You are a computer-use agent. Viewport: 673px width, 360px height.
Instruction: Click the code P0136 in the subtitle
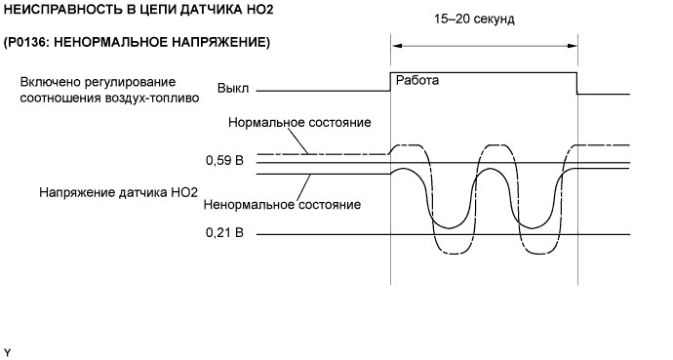click(27, 43)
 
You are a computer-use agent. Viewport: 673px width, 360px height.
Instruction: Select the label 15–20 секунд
click(474, 20)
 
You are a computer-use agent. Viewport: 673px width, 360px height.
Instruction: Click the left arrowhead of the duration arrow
click(396, 46)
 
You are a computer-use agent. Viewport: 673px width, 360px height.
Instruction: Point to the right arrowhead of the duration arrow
click(573, 46)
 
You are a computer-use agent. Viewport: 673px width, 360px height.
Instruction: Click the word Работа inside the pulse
click(416, 80)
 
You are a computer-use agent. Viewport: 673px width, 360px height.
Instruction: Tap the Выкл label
click(233, 89)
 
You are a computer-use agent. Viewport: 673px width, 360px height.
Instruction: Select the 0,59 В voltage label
click(224, 160)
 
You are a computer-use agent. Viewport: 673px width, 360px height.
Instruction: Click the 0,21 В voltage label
click(224, 232)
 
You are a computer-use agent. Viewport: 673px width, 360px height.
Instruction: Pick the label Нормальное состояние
click(299, 122)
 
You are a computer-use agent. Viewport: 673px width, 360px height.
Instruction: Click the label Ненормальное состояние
click(282, 204)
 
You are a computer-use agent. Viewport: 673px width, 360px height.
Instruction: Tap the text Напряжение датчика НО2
click(118, 192)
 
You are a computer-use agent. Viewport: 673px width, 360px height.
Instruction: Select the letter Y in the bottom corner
click(7, 353)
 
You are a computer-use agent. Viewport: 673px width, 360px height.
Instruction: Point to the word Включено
click(47, 82)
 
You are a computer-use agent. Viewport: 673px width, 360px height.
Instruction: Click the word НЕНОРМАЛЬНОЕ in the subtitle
click(111, 43)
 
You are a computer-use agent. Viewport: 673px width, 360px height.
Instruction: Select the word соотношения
click(60, 98)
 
